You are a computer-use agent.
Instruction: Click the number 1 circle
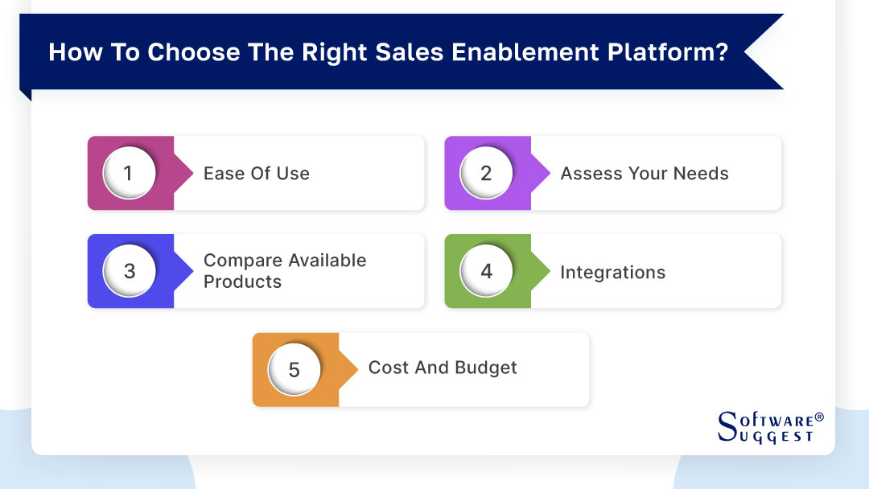(x=129, y=173)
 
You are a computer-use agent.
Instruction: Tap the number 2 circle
(x=486, y=173)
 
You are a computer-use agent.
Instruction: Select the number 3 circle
(x=129, y=271)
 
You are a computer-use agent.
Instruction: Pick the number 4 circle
(x=486, y=271)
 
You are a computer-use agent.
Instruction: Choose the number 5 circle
(x=294, y=369)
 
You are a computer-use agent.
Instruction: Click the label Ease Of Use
(x=256, y=173)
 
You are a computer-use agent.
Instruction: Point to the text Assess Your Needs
(x=644, y=173)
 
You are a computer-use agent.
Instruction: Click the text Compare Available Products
(x=284, y=271)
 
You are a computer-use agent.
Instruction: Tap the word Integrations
(x=612, y=273)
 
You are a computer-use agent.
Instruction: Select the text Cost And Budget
(x=442, y=368)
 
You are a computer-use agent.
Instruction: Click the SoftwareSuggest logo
(x=769, y=427)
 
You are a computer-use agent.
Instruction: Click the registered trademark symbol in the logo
(x=819, y=417)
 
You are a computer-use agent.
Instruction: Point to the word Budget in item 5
(x=485, y=368)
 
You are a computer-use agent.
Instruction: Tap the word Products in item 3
(x=242, y=282)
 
